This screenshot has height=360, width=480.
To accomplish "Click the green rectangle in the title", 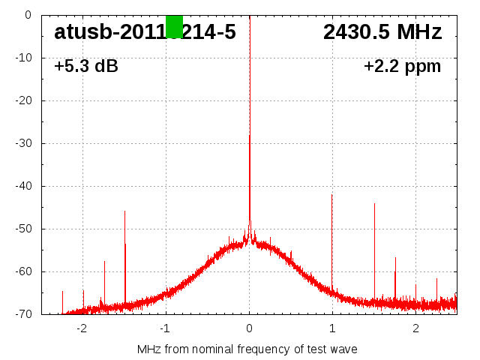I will coord(174,26).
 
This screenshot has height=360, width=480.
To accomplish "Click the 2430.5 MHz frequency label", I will coord(382,32).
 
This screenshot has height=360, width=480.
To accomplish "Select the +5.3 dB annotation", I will coord(86,67).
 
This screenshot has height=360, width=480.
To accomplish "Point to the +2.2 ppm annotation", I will coord(402,67).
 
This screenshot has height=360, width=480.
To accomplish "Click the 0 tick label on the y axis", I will coord(27,15).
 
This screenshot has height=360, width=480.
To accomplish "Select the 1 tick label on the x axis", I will coord(332,328).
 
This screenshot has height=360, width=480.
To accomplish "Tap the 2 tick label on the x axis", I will coord(415,328).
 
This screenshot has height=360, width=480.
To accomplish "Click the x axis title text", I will coord(247,349).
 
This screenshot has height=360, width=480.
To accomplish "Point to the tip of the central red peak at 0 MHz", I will coord(250,136).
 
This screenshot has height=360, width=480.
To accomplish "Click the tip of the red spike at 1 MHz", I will coord(332,195).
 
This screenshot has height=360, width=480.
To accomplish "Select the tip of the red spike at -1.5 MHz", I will coord(124,211).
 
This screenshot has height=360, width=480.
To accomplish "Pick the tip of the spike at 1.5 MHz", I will coord(374,204).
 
